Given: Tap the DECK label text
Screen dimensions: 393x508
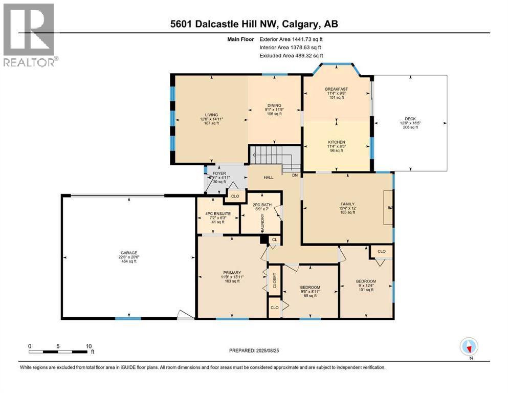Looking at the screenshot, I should tap(410, 119).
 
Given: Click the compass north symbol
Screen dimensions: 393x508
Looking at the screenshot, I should tap(469, 347).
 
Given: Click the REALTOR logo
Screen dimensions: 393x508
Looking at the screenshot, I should tap(30, 35).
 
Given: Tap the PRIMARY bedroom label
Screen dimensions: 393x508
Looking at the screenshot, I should tap(232, 272).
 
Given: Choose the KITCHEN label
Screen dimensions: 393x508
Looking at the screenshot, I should tap(336, 142).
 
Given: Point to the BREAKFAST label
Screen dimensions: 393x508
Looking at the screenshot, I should tap(336, 89).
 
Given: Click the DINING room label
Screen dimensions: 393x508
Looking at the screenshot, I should tap(274, 105).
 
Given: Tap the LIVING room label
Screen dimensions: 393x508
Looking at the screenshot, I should tap(212, 115).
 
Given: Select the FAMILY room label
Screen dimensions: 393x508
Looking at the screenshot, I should tap(347, 204).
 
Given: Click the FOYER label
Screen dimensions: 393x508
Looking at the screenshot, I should tap(219, 173).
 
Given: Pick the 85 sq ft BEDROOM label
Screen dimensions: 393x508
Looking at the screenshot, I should tap(310, 288).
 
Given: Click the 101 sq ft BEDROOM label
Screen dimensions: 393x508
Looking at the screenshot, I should tap(366, 281).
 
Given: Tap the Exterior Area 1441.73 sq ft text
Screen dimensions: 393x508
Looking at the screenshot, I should tap(291, 38).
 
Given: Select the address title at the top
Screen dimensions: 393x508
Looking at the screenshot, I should tap(254, 24).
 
